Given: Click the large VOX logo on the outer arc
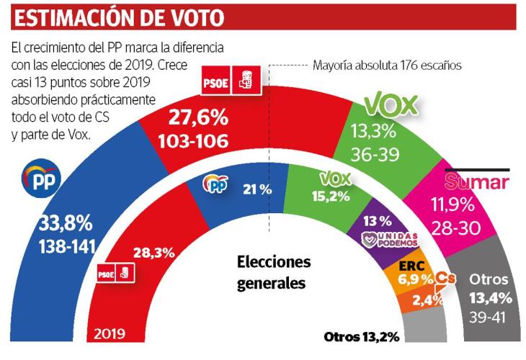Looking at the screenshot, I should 392,106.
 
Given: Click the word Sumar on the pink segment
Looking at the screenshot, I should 476,182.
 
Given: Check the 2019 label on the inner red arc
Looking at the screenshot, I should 110,334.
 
